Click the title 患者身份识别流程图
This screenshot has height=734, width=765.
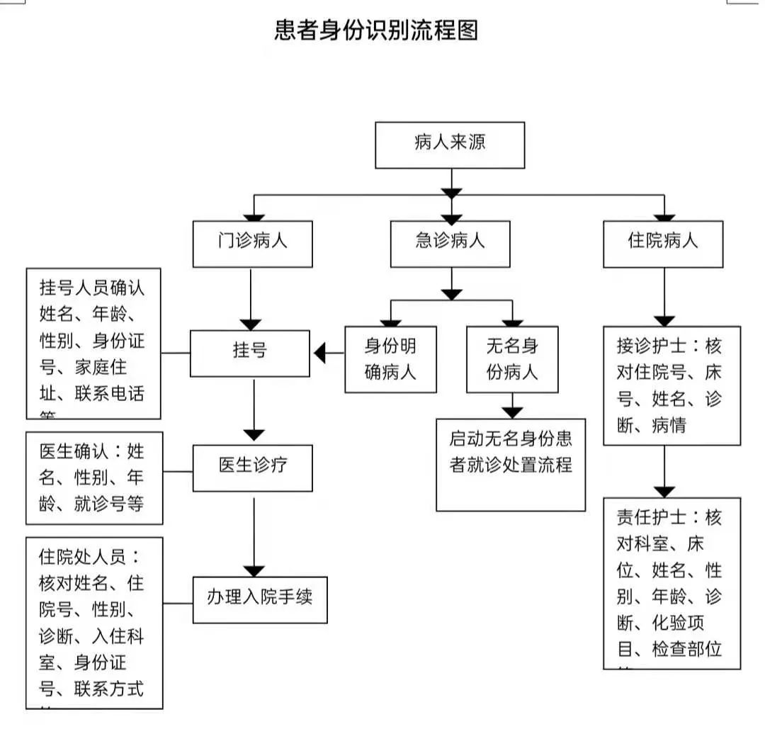(376, 31)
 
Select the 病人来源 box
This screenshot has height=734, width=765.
(450, 145)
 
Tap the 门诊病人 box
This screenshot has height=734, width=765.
(252, 244)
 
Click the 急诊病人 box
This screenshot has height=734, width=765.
(450, 244)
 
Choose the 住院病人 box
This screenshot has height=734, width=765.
(663, 244)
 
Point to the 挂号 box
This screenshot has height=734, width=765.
(249, 352)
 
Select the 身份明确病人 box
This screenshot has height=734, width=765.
(390, 359)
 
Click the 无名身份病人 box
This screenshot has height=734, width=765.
(511, 359)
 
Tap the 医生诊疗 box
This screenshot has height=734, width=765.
(252, 468)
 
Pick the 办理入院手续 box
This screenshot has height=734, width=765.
(260, 599)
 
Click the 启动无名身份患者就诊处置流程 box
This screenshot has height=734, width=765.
(511, 464)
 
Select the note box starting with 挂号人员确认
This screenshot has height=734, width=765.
(93, 344)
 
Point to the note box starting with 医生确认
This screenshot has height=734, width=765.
(94, 478)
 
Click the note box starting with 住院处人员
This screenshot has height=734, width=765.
(94, 623)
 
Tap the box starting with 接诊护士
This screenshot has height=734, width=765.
(671, 385)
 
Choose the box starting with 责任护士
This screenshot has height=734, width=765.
(671, 583)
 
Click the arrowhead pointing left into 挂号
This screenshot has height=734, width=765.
(319, 352)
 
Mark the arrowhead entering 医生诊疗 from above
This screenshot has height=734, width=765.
(253, 435)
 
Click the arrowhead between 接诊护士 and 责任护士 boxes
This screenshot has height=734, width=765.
(664, 491)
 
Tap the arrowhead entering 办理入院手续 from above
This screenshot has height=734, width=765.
(253, 571)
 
